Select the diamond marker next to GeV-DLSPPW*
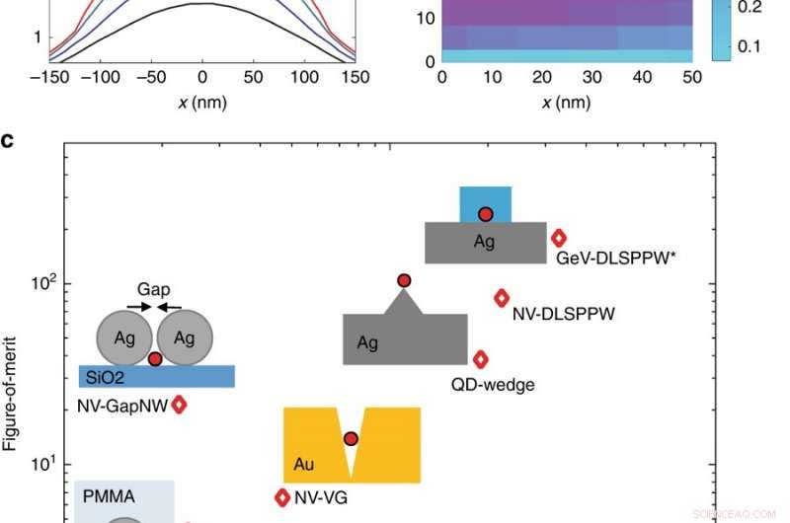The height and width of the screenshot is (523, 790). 559,237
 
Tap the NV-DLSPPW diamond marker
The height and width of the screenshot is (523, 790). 502,298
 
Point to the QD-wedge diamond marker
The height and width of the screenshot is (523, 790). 481,360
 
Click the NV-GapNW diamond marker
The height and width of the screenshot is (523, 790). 179,404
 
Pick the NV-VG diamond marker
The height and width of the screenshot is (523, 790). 282,497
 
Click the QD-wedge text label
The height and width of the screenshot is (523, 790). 493,385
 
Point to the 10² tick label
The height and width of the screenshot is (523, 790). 43,284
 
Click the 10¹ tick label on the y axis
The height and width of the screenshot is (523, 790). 43,465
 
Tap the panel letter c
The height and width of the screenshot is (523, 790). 8,141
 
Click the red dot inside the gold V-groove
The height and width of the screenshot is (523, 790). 351,438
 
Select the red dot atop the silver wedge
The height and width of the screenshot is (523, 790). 404,281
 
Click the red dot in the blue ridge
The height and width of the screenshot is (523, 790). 485,214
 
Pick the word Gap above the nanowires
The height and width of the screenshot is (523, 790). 154,290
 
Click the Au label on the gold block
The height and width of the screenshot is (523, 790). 305,463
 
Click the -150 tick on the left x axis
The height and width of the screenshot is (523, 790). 44,77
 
